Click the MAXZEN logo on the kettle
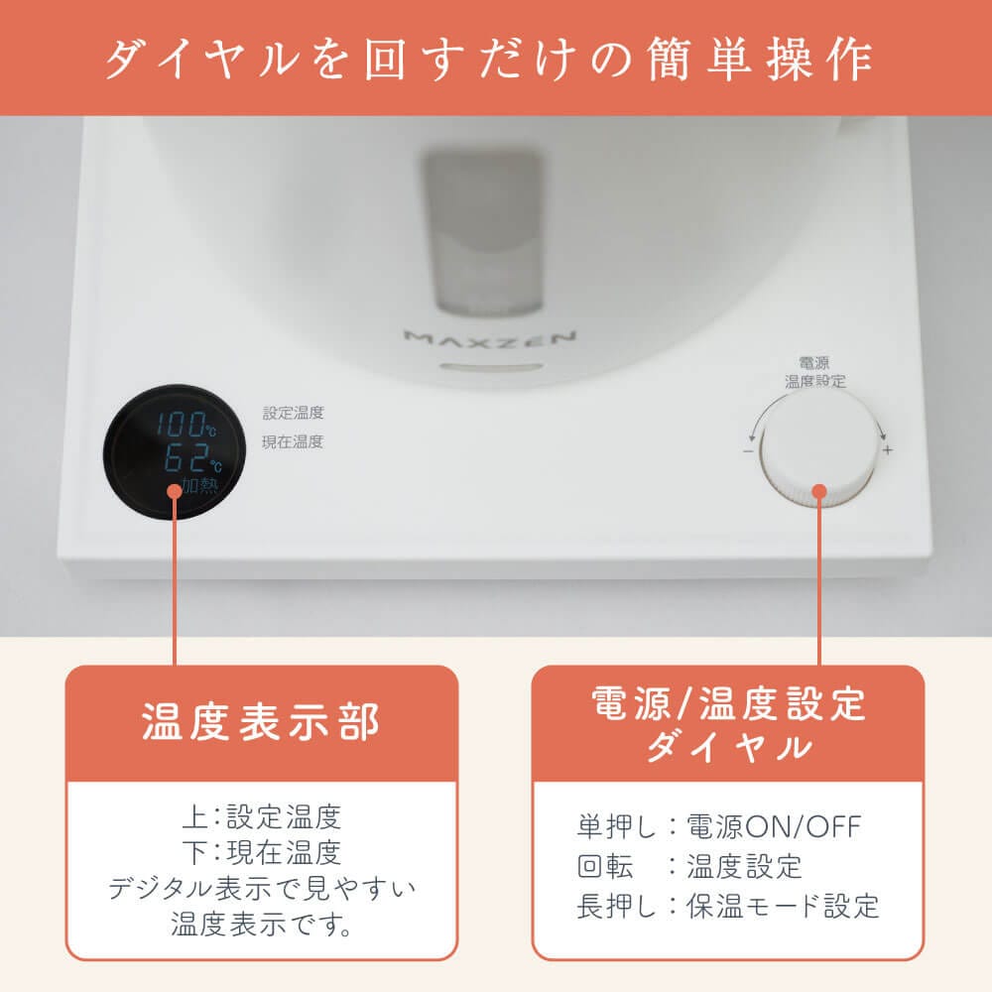[x=490, y=339]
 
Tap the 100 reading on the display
[x=181, y=424]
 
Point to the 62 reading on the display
[x=186, y=457]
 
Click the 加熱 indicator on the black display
[x=199, y=485]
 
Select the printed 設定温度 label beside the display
[x=293, y=413]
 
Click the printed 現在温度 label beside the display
[x=293, y=441]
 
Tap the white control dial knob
[x=818, y=449]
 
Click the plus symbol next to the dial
[x=888, y=450]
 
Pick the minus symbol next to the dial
[x=748, y=451]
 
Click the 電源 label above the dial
[x=814, y=363]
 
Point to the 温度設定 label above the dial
[x=814, y=381]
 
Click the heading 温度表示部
[x=261, y=721]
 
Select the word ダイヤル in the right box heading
[x=728, y=747]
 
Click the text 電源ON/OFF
[x=774, y=826]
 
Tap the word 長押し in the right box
[x=617, y=906]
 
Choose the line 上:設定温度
[x=261, y=816]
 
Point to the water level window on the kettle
[x=482, y=231]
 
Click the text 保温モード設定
[x=784, y=906]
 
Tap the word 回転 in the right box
[x=605, y=866]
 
